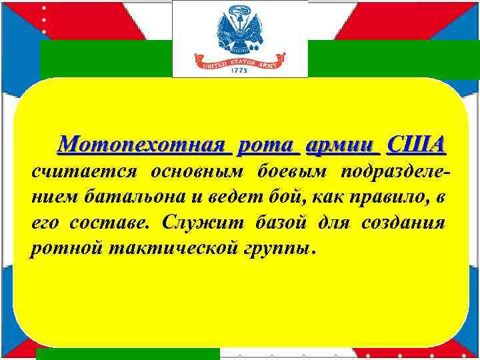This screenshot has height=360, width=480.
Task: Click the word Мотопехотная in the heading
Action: [x=143, y=144]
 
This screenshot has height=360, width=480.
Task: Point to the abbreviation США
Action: [x=417, y=144]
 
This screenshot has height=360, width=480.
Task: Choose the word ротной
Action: [x=63, y=248]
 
